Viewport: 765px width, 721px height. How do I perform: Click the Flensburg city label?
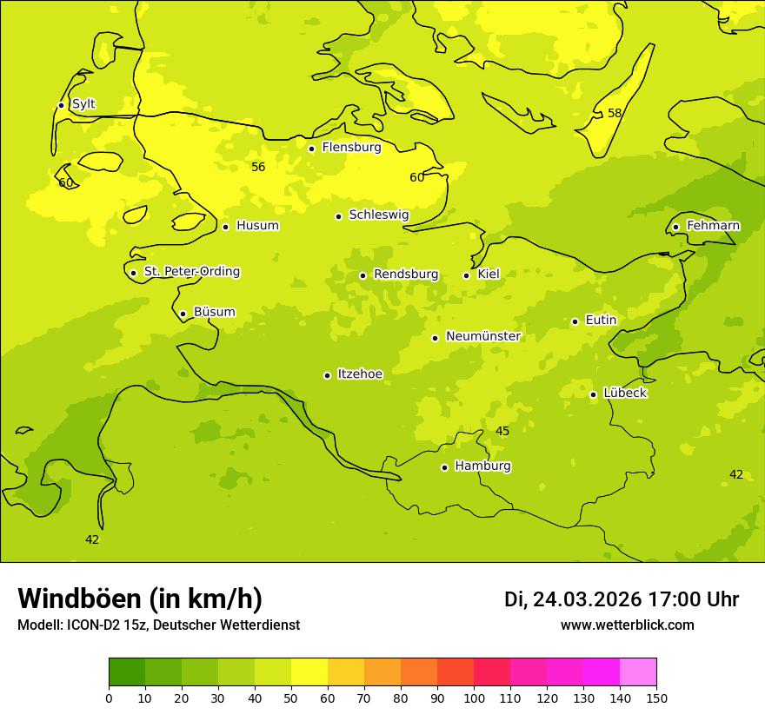pyautogui.click(x=351, y=148)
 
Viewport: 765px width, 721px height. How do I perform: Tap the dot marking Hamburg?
pyautogui.click(x=444, y=467)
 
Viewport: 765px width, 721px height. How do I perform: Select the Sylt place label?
pyautogui.click(x=83, y=104)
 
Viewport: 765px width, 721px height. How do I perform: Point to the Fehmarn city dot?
pyautogui.click(x=675, y=227)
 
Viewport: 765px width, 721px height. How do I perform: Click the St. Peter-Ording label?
pyautogui.click(x=191, y=272)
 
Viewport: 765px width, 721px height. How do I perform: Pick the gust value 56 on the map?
pyautogui.click(x=258, y=167)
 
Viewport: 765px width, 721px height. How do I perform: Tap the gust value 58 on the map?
pyautogui.click(x=615, y=113)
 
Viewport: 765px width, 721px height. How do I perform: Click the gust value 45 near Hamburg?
pyautogui.click(x=502, y=431)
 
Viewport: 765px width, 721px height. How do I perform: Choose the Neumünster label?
pyautogui.click(x=482, y=336)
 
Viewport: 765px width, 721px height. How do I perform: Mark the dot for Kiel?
pyautogui.click(x=466, y=275)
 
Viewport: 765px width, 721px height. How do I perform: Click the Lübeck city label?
pyautogui.click(x=624, y=393)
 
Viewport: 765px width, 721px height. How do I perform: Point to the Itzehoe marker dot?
pyautogui.click(x=327, y=375)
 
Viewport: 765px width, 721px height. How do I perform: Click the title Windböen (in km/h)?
pyautogui.click(x=140, y=599)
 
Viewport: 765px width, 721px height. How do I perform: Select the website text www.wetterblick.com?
pyautogui.click(x=627, y=625)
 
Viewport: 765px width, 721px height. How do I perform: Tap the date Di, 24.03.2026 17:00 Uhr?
pyautogui.click(x=622, y=599)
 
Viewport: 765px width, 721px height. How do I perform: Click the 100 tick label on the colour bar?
pyautogui.click(x=474, y=698)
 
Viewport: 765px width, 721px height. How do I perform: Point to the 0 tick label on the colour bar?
pyautogui.click(x=109, y=698)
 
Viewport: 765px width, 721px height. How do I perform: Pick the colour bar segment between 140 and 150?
pyautogui.click(x=638, y=672)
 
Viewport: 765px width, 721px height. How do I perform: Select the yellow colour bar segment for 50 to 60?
pyautogui.click(x=309, y=672)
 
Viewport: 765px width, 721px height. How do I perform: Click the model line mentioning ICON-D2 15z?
pyautogui.click(x=158, y=625)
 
